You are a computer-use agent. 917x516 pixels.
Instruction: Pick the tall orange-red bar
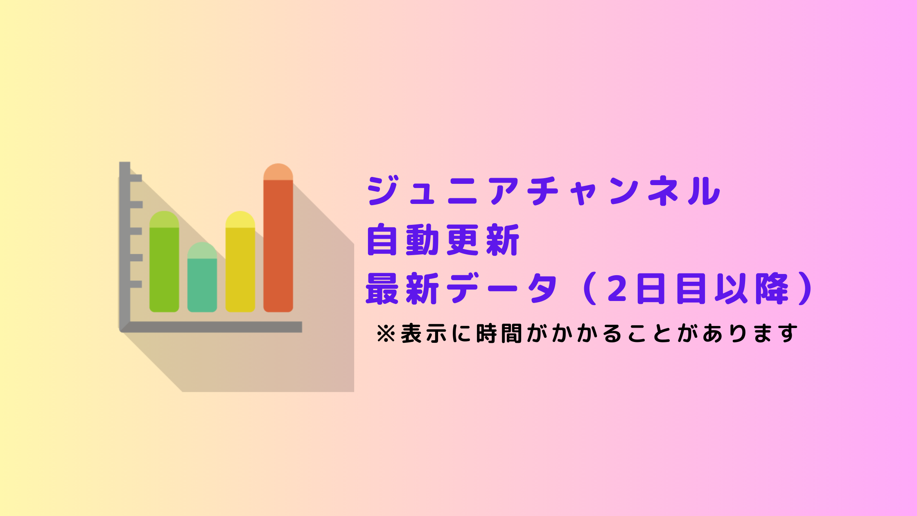278,238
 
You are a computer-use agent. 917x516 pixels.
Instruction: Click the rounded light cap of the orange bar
278,172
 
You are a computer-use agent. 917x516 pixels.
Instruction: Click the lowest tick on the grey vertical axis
136,284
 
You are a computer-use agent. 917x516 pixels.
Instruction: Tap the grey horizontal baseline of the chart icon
211,327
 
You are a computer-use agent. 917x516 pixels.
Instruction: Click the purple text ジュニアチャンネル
543,190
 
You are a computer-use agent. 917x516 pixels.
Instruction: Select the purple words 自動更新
443,240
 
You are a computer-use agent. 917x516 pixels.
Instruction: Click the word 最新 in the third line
402,289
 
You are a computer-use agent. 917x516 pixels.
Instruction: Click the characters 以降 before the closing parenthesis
752,289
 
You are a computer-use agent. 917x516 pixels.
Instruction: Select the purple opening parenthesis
589,289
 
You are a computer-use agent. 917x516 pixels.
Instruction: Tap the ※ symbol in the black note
386,333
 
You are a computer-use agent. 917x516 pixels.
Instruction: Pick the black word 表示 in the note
424,333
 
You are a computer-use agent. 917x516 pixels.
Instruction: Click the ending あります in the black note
750,333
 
